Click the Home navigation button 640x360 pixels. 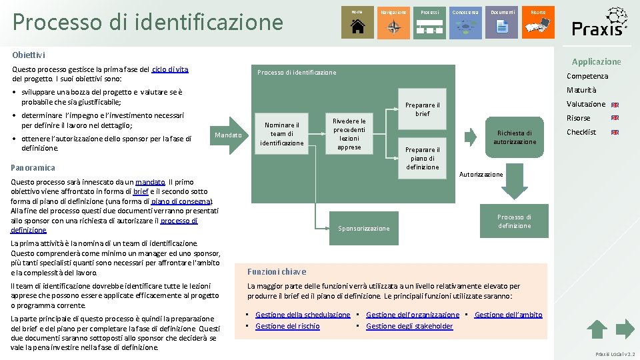(x=357, y=23)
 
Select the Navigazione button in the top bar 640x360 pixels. (x=393, y=23)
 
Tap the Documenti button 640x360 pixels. (x=502, y=23)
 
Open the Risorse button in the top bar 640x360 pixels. (x=538, y=23)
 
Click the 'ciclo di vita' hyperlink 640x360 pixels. (x=170, y=69)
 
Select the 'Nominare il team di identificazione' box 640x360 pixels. (x=281, y=134)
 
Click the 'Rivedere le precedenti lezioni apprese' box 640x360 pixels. (x=349, y=134)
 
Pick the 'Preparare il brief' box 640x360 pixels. (x=423, y=109)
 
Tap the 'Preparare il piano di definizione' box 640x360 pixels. (x=423, y=158)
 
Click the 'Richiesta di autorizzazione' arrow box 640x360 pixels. (x=514, y=137)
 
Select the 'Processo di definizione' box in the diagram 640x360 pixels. (x=514, y=221)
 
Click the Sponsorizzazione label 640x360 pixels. (x=363, y=229)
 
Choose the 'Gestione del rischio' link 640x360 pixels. (x=287, y=326)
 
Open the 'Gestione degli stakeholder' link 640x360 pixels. (x=409, y=326)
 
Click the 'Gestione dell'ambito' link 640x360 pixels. (x=508, y=315)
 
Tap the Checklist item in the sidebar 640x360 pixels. (x=581, y=132)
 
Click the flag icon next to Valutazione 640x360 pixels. (x=615, y=105)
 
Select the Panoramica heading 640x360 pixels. (x=33, y=167)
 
